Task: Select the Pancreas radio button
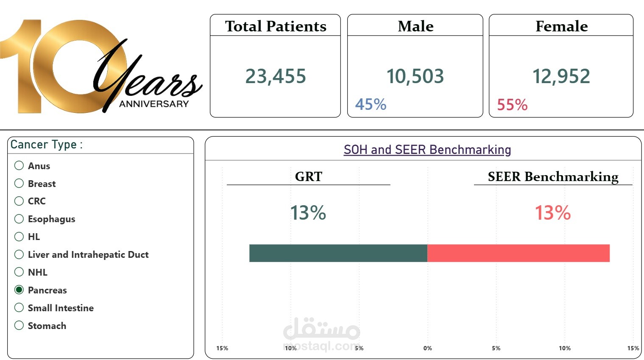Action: click(19, 290)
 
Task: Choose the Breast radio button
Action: click(19, 183)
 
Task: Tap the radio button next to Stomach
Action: click(19, 325)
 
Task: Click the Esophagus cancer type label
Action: click(51, 219)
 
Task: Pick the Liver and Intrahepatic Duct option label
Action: click(88, 254)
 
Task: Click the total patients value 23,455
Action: click(276, 76)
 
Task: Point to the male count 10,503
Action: click(415, 76)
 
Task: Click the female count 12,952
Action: click(561, 76)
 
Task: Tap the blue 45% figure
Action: click(371, 104)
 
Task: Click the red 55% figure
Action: click(512, 104)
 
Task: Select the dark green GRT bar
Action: click(338, 253)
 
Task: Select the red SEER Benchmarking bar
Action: click(519, 253)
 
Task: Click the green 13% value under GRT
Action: click(308, 213)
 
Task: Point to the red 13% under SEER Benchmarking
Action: click(552, 213)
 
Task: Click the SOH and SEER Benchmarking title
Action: click(427, 150)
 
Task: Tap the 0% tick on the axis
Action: click(427, 348)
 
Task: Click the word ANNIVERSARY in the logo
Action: click(154, 104)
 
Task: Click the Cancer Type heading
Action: click(46, 144)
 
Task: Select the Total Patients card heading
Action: click(276, 26)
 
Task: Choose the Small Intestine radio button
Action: click(19, 307)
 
